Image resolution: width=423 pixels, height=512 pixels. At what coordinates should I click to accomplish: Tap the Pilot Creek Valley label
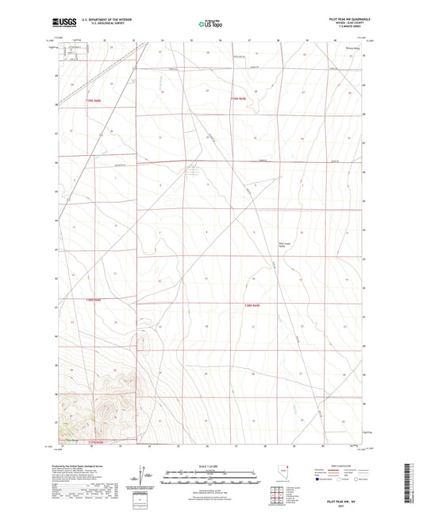coord(276,245)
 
